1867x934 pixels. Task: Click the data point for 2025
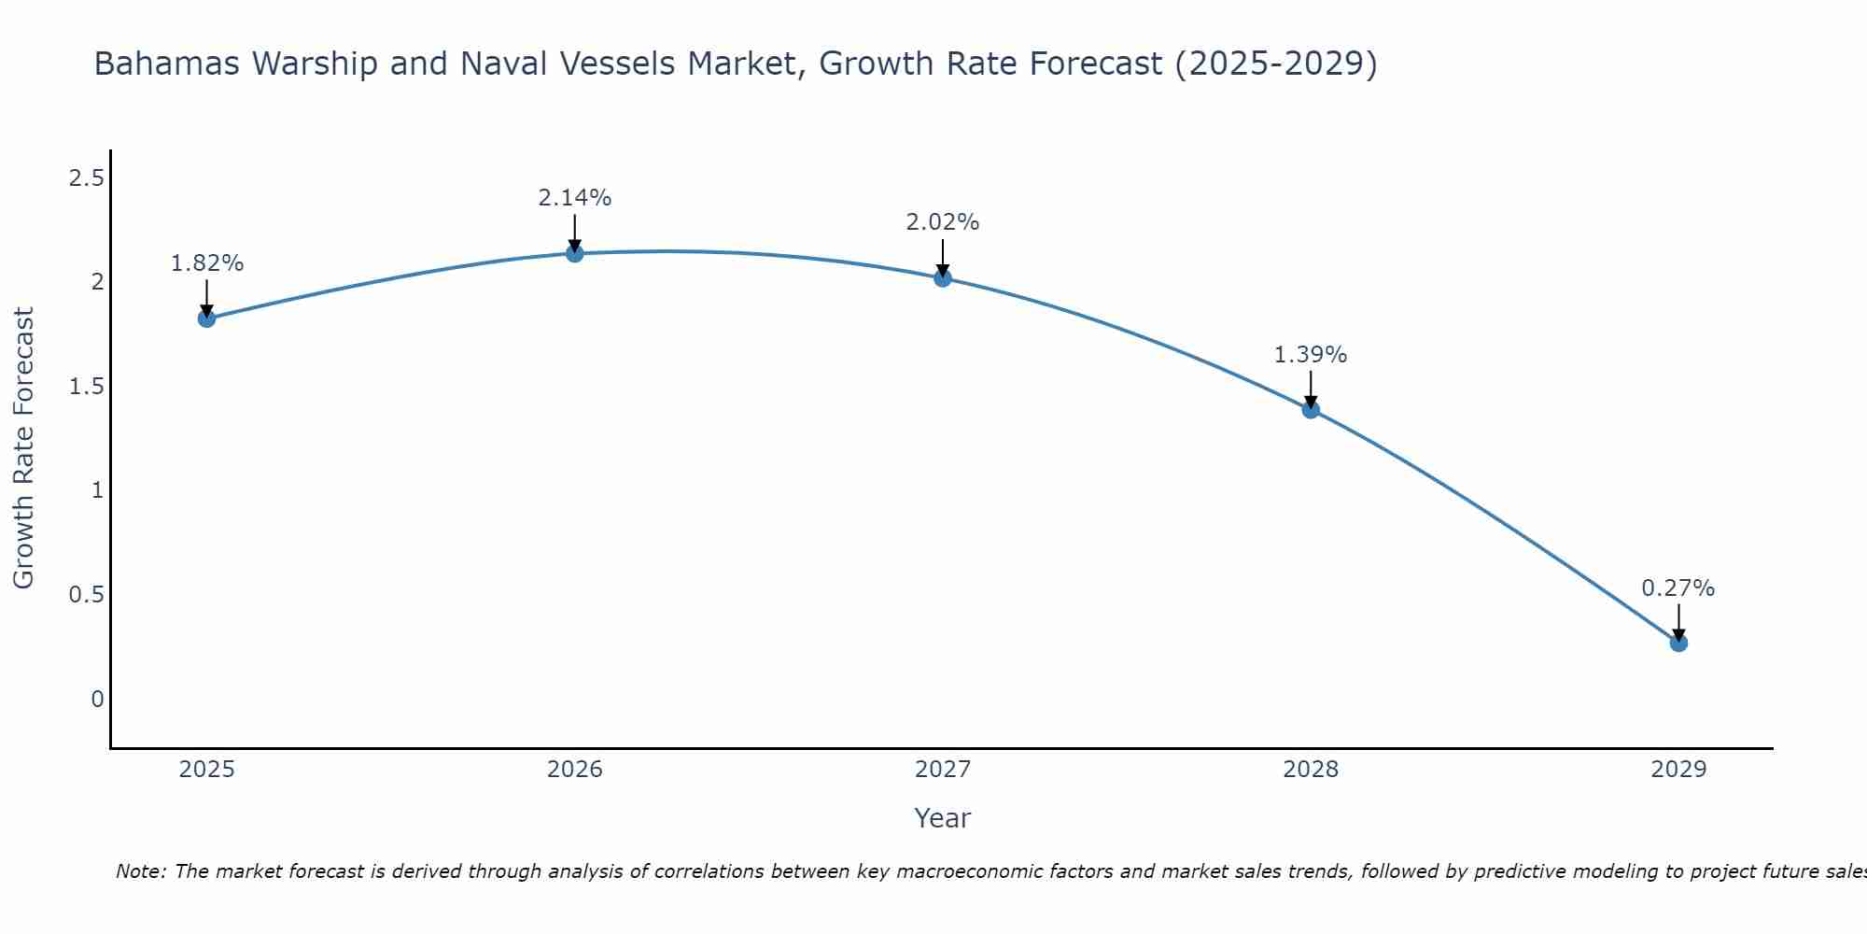point(207,318)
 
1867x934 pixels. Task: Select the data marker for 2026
point(575,253)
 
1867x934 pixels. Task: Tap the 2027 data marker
point(943,277)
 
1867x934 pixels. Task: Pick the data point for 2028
point(1311,409)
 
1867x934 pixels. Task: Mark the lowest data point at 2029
point(1678,643)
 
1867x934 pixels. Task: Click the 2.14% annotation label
point(575,198)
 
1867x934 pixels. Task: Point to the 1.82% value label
point(207,263)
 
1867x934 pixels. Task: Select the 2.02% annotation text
point(943,222)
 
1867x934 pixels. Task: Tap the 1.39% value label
point(1311,355)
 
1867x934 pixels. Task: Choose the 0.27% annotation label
point(1678,588)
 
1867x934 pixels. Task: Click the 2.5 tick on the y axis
point(86,178)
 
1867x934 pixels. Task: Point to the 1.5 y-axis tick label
point(86,387)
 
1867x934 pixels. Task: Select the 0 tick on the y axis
point(97,699)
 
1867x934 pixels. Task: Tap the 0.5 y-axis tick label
point(86,595)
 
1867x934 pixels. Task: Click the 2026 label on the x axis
point(575,770)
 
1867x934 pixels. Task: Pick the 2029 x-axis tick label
point(1678,770)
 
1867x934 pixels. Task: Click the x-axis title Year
point(943,818)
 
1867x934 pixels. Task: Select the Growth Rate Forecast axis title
point(23,448)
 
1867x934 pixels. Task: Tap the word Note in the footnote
point(140,871)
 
